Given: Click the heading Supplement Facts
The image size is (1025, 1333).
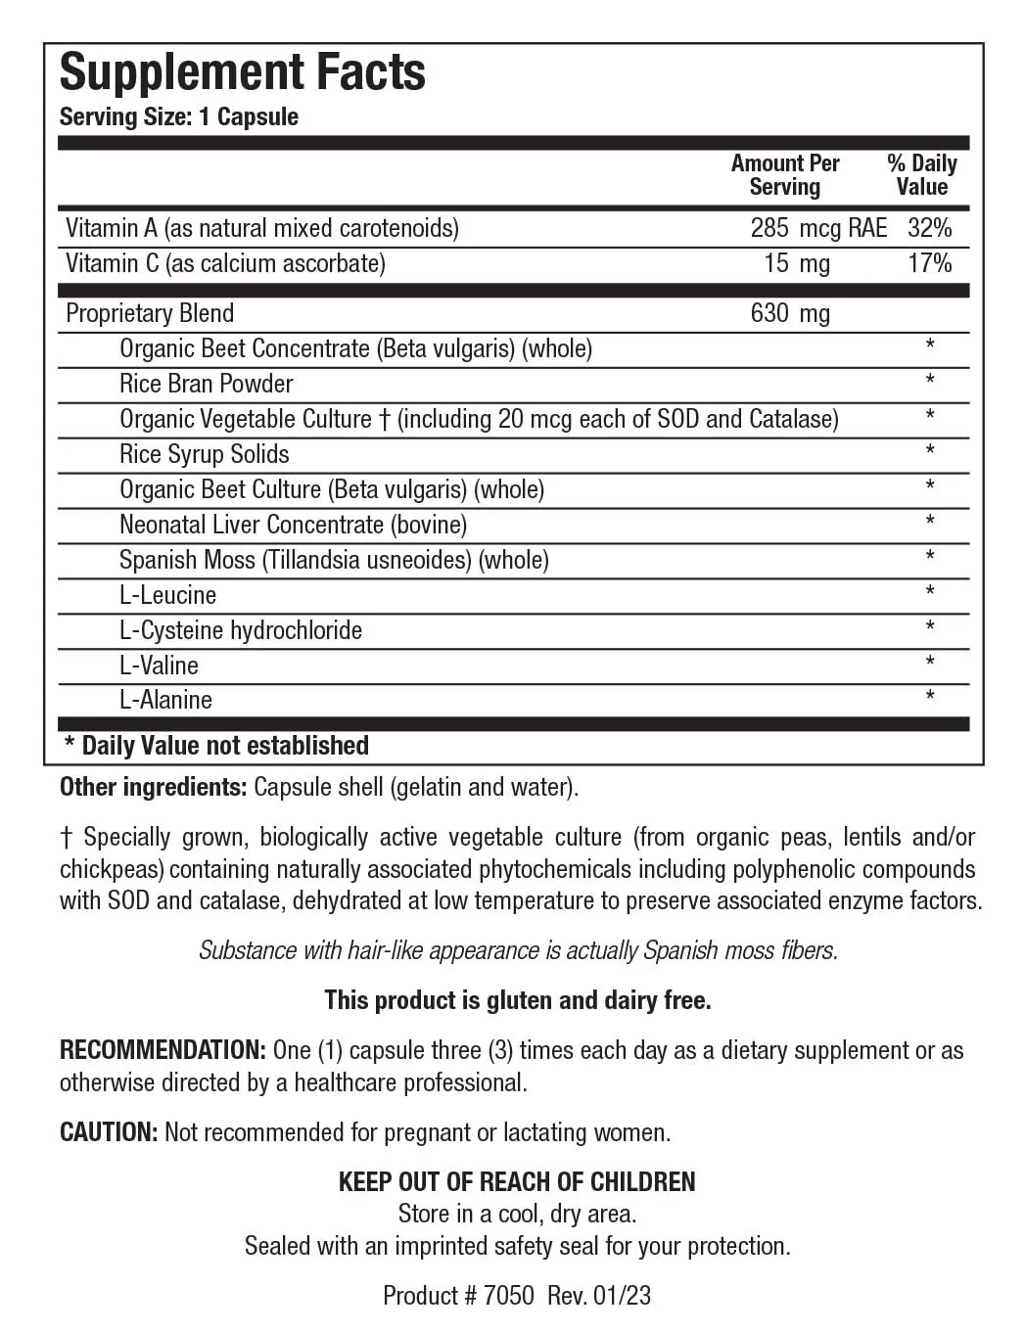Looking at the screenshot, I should tap(242, 72).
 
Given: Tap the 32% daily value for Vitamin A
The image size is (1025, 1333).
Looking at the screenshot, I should tap(929, 228).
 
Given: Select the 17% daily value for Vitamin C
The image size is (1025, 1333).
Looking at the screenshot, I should tap(929, 263).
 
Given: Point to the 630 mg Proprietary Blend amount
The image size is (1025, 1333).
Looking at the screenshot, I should tap(789, 313).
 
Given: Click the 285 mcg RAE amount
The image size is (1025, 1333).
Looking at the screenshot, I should tap(817, 228).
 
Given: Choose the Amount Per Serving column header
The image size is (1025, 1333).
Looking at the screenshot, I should tap(785, 175).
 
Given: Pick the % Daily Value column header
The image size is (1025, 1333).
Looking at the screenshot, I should tap(921, 175).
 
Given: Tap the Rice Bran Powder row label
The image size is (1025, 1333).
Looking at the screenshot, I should tap(206, 384).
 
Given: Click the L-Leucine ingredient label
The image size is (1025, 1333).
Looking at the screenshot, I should tap(167, 595).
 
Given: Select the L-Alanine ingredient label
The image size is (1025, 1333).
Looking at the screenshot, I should tap(165, 700).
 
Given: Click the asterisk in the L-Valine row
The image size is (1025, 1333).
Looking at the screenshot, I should tap(929, 664).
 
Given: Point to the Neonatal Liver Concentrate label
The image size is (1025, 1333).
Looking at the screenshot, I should tap(293, 525).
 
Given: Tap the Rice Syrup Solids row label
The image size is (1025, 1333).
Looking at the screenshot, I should tap(204, 454).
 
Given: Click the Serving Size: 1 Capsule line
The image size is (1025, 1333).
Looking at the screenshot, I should tap(178, 116).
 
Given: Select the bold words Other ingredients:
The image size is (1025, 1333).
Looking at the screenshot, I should tap(153, 787).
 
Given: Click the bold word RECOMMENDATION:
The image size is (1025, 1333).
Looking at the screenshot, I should tap(163, 1050).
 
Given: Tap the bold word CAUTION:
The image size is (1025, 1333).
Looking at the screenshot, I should tap(109, 1132).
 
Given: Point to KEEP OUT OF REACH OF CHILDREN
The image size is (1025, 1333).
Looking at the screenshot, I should tap(517, 1181).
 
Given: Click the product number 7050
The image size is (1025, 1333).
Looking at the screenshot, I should tap(509, 1296).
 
